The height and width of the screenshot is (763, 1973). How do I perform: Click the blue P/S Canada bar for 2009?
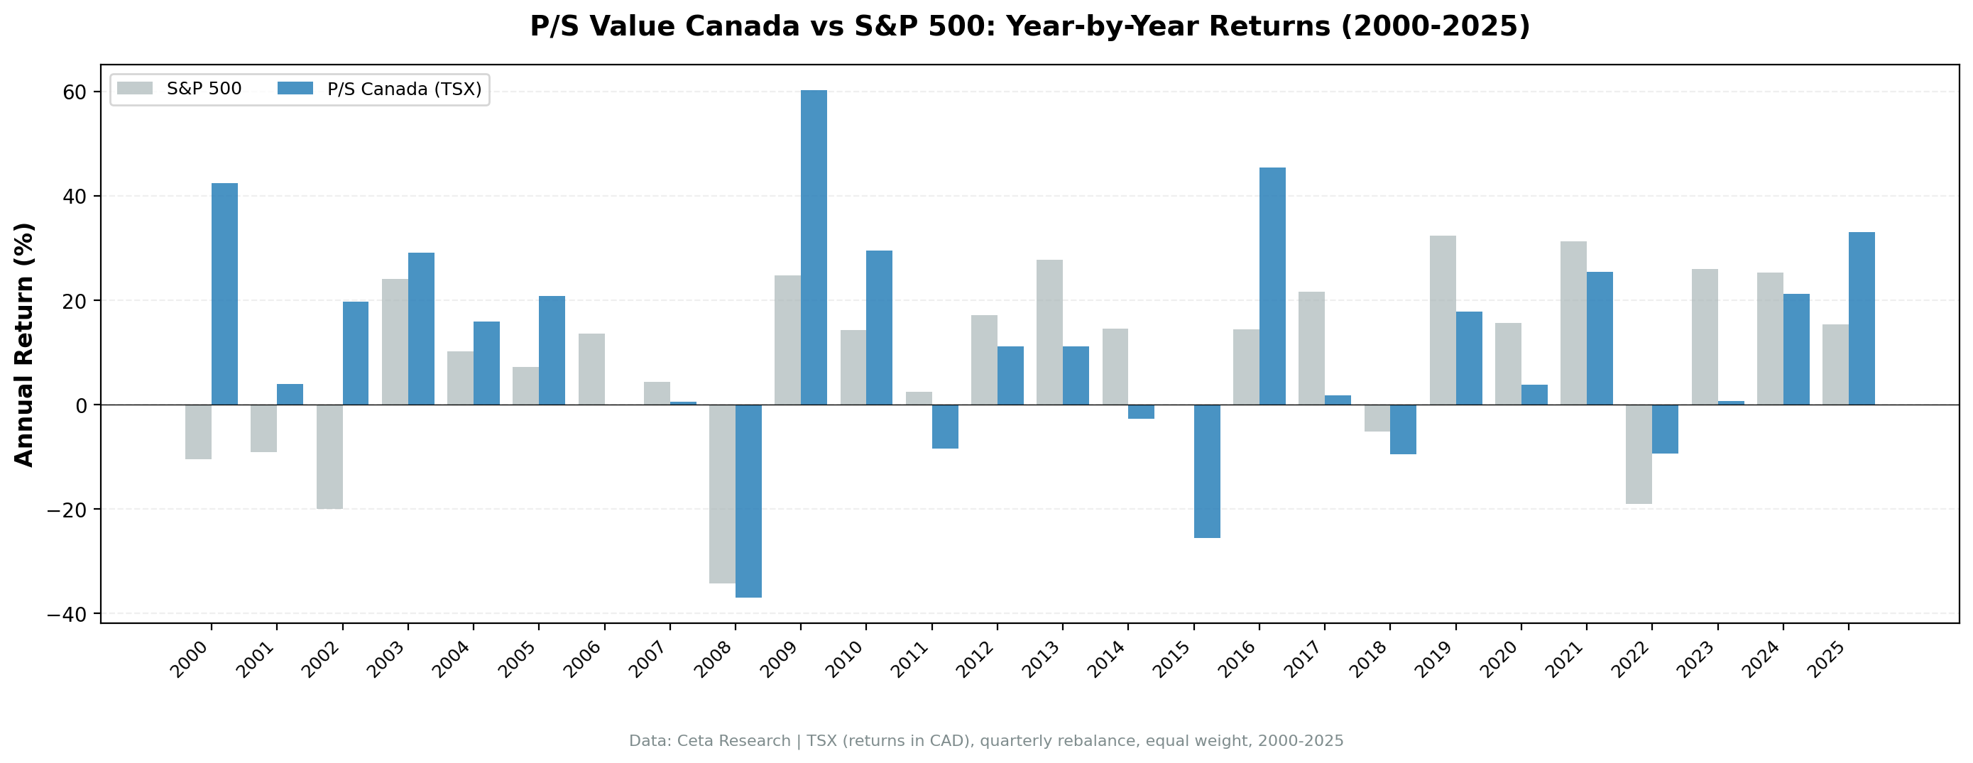[x=814, y=248]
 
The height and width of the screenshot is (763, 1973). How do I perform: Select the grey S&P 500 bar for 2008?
[x=721, y=493]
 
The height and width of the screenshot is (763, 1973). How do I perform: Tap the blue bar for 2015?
[x=1206, y=471]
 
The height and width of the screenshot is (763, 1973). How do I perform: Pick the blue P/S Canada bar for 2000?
[x=224, y=293]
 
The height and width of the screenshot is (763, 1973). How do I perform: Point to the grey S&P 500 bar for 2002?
[x=329, y=456]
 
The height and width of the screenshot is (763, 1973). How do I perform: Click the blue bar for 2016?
[x=1272, y=286]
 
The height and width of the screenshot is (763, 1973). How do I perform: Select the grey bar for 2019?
[x=1442, y=320]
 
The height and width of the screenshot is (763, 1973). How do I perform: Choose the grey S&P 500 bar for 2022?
[x=1639, y=454]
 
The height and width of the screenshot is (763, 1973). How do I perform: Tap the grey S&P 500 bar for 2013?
[x=1049, y=331]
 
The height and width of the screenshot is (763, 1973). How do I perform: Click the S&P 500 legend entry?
[x=180, y=89]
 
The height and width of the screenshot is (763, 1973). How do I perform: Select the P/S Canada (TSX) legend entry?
[x=381, y=89]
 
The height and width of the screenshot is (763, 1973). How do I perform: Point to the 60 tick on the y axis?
[x=74, y=92]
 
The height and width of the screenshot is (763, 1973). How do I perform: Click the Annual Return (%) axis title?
[x=25, y=344]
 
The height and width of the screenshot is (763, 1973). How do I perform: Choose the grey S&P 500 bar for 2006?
[x=591, y=368]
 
